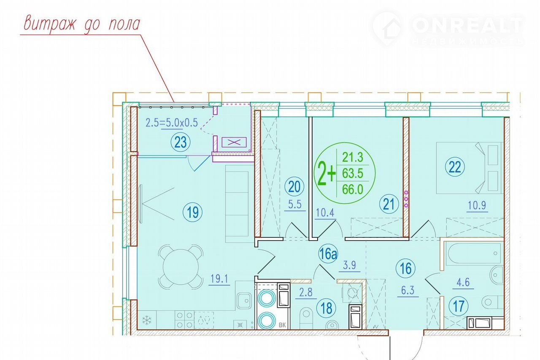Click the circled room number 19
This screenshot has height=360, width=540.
pyautogui.click(x=192, y=212)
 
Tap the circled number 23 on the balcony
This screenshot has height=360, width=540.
pyautogui.click(x=181, y=142)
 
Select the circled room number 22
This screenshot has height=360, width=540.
pyautogui.click(x=455, y=167)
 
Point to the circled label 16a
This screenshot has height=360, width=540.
pyautogui.click(x=328, y=254)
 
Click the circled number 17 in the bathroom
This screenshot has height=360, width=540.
pyautogui.click(x=459, y=306)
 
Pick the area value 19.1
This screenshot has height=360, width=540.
pyautogui.click(x=219, y=279)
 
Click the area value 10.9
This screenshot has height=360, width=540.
pyautogui.click(x=477, y=206)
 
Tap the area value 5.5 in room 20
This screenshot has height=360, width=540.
pyautogui.click(x=295, y=204)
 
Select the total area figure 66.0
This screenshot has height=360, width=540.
pyautogui.click(x=353, y=189)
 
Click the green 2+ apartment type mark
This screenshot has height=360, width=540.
pyautogui.click(x=327, y=173)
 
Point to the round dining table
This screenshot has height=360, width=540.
pyautogui.click(x=181, y=267)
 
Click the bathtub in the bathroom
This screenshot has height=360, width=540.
pyautogui.click(x=474, y=253)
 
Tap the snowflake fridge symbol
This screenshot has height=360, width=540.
pyautogui.click(x=146, y=320)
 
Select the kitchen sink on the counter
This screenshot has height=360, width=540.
pyautogui.click(x=244, y=301)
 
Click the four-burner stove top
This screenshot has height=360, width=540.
pyautogui.click(x=184, y=320)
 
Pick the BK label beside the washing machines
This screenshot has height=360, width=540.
pyautogui.click(x=282, y=325)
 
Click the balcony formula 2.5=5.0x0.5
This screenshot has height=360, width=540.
pyautogui.click(x=172, y=123)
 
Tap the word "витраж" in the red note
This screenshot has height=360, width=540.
pyautogui.click(x=50, y=24)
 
